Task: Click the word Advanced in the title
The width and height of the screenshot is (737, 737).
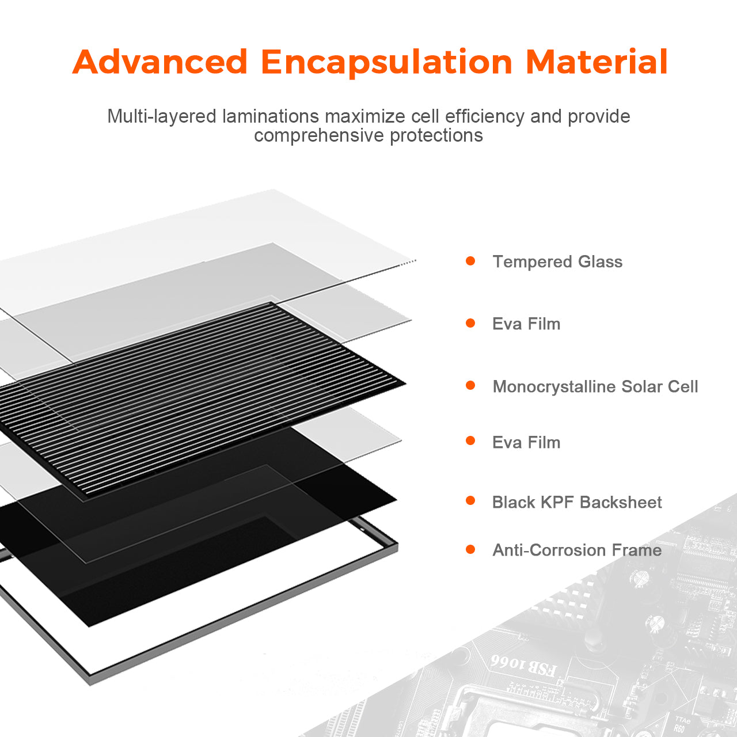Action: (160, 62)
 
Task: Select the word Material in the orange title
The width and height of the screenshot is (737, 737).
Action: (597, 62)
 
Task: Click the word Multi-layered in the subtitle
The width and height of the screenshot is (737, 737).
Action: (162, 117)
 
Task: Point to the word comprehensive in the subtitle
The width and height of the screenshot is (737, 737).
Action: (319, 135)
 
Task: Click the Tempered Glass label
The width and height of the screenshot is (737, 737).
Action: (557, 261)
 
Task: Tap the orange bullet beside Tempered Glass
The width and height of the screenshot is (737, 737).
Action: (470, 261)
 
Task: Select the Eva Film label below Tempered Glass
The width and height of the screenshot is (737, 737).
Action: (526, 324)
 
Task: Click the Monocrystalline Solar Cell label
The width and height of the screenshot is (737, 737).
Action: (595, 387)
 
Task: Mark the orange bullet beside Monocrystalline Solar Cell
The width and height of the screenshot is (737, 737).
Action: (470, 386)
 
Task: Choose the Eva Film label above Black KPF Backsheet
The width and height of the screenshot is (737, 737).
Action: (526, 443)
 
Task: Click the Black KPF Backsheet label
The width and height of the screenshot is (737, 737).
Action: (577, 502)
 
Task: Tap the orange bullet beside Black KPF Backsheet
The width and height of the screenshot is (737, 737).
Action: (470, 500)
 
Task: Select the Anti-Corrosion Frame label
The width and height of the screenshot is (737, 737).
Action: (577, 550)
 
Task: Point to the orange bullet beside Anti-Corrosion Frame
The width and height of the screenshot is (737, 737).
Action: (470, 550)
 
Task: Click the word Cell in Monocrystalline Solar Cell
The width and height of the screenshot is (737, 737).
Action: (683, 386)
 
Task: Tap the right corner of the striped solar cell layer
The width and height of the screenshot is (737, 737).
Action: (406, 383)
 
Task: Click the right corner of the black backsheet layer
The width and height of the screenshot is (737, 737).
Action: (397, 500)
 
